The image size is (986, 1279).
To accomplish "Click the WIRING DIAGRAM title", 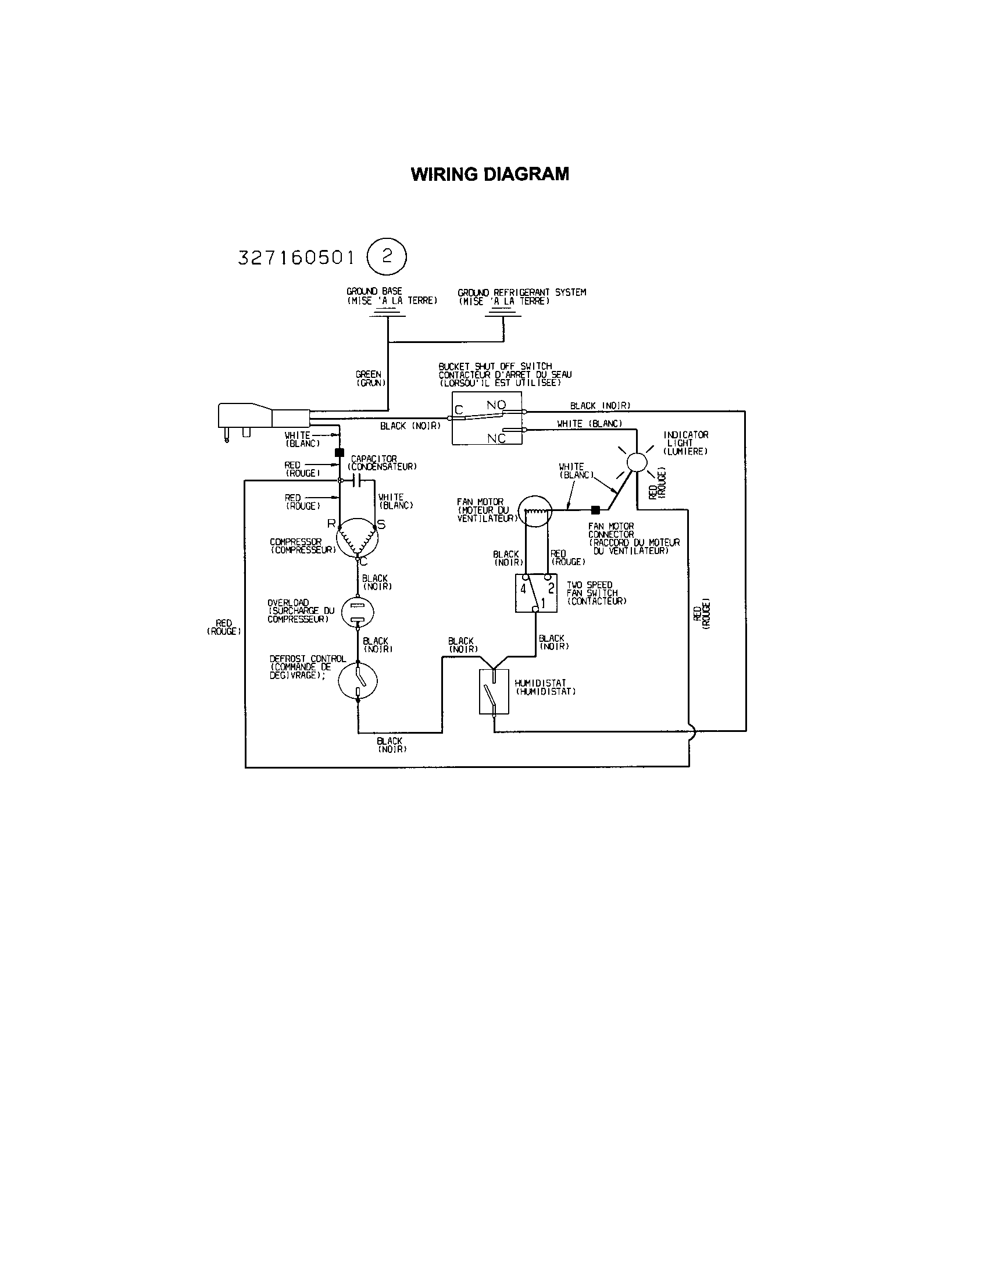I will tap(490, 174).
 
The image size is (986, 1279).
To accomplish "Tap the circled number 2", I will tap(387, 256).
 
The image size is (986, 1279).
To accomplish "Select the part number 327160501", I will tap(296, 258).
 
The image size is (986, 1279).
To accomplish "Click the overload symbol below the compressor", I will tap(357, 612).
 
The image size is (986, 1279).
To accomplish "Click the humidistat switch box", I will tap(494, 692).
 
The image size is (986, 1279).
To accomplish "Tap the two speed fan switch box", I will tap(536, 592).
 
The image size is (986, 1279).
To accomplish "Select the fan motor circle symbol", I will tap(537, 510).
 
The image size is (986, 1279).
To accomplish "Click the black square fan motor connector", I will tap(595, 509).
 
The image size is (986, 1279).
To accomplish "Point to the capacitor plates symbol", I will tap(358, 481).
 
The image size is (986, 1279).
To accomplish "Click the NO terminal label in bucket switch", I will tap(496, 405).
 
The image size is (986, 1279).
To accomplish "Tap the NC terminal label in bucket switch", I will tap(496, 438).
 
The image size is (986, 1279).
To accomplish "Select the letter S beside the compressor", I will tap(381, 525).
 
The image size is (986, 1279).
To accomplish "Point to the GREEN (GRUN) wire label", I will tap(368, 378).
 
